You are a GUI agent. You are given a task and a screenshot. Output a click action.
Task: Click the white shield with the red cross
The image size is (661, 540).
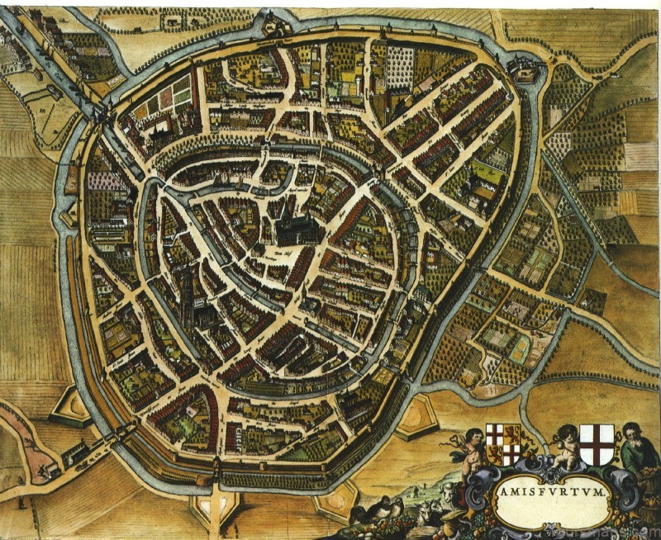597,443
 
